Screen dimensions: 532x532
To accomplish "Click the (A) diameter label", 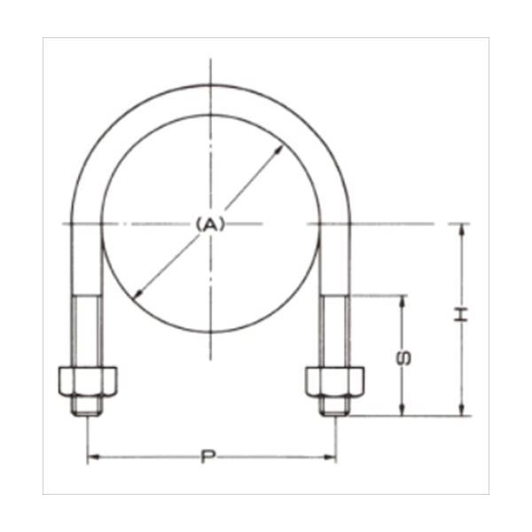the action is [x=211, y=224].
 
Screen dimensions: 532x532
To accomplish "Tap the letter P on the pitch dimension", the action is [x=208, y=457].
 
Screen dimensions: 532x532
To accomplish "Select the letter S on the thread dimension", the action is [x=403, y=358].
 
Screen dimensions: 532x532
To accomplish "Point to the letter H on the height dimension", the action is [x=461, y=315].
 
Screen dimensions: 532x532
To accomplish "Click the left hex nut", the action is [x=88, y=381].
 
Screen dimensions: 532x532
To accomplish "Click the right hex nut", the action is [x=335, y=381].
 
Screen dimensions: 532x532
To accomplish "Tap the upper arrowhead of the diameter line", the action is [x=278, y=150].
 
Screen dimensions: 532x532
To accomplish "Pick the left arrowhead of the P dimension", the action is [x=93, y=457].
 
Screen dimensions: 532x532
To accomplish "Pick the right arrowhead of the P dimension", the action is [x=330, y=457].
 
